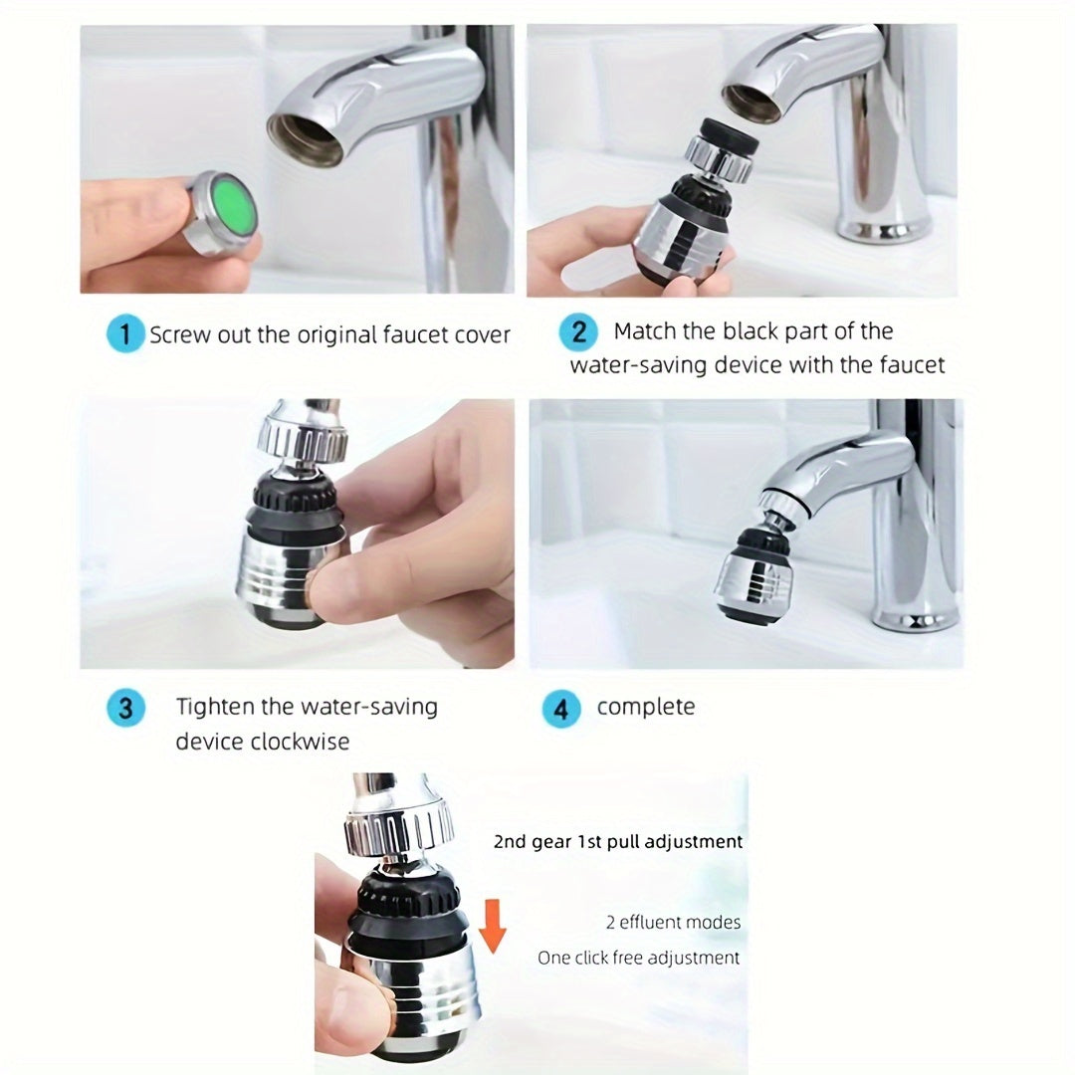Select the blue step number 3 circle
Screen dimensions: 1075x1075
pyautogui.click(x=125, y=709)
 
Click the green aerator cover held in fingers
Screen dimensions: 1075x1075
pyautogui.click(x=227, y=211)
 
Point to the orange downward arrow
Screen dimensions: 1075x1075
pyautogui.click(x=492, y=922)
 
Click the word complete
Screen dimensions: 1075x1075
pyautogui.click(x=646, y=708)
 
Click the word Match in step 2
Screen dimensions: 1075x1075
pyautogui.click(x=648, y=331)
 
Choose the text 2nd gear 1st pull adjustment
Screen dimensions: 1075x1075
pyautogui.click(x=618, y=842)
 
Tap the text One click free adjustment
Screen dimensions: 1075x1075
pyautogui.click(x=639, y=959)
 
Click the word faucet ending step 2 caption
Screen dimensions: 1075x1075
pyautogui.click(x=912, y=365)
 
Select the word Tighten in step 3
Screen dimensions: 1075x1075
pyautogui.click(x=214, y=708)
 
